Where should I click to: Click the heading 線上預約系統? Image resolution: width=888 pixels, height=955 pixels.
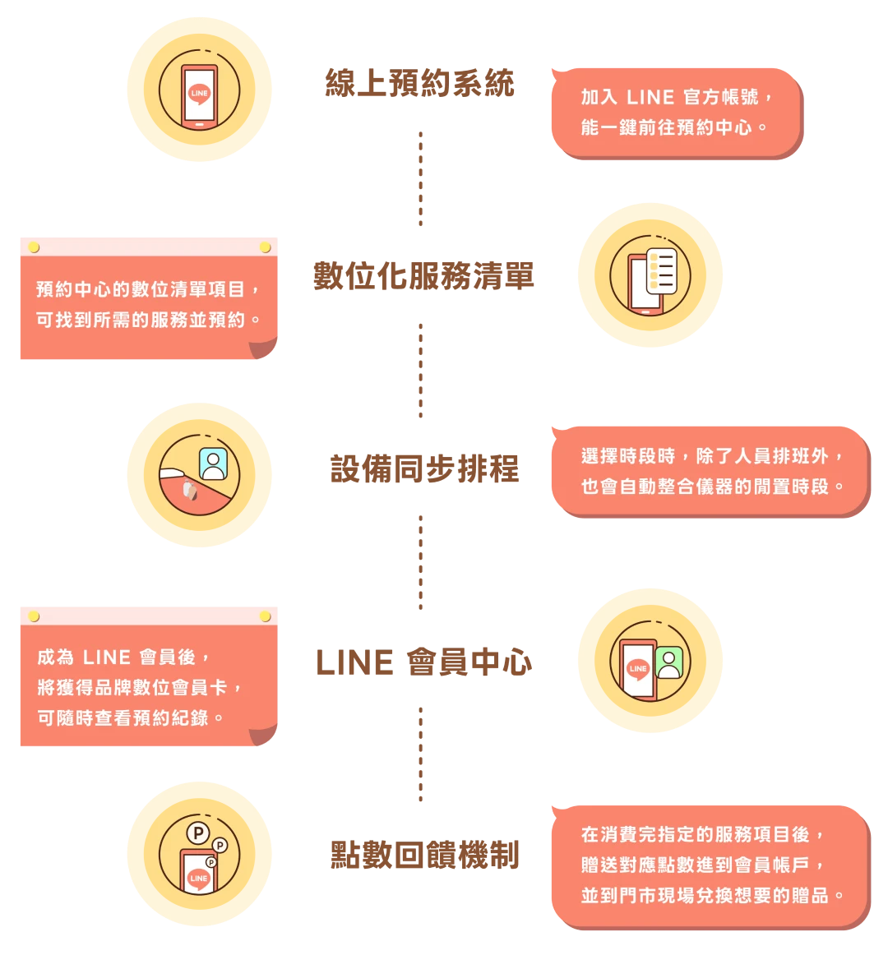click(x=420, y=83)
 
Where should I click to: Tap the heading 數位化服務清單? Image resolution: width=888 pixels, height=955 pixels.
click(x=423, y=275)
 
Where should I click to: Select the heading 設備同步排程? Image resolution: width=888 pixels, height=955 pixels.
click(x=424, y=468)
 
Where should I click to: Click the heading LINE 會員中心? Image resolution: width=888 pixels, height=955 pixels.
click(x=423, y=662)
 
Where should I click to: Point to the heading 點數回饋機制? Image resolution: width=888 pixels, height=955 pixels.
click(x=424, y=856)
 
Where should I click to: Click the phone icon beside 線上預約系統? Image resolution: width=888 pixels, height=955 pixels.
click(x=199, y=96)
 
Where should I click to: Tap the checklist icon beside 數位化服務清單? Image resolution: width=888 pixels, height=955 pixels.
click(x=660, y=270)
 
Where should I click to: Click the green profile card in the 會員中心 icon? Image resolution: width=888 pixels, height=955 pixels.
click(x=669, y=662)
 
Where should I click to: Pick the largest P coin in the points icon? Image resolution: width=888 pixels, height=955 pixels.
click(x=197, y=833)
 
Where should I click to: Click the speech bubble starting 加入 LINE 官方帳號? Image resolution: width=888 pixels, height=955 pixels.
click(x=676, y=113)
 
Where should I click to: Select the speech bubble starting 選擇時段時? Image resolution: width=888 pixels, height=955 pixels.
click(x=709, y=471)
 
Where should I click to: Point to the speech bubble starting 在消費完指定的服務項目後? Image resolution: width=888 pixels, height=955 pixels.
click(x=709, y=865)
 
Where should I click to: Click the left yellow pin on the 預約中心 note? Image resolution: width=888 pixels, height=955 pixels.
click(x=34, y=247)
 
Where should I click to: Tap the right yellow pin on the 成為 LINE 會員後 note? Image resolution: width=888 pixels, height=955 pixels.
click(x=265, y=616)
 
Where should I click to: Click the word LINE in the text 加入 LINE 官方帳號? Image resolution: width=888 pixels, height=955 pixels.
click(x=650, y=97)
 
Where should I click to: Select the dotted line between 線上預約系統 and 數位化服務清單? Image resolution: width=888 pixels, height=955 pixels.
click(x=421, y=180)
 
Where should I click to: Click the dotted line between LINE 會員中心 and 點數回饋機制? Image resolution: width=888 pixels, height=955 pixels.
click(x=421, y=752)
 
